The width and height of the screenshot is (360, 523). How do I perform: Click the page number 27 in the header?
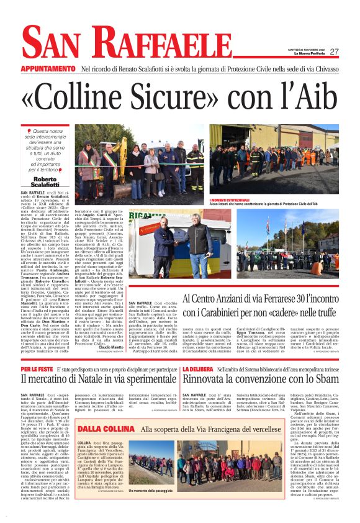pyautogui.click(x=334, y=52)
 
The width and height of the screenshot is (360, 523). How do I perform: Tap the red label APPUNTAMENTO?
pyautogui.click(x=48, y=68)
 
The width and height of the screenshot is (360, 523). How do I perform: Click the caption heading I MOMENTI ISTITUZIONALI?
pyautogui.click(x=234, y=200)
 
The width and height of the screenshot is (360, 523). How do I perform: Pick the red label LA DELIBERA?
pyautogui.click(x=199, y=352)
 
